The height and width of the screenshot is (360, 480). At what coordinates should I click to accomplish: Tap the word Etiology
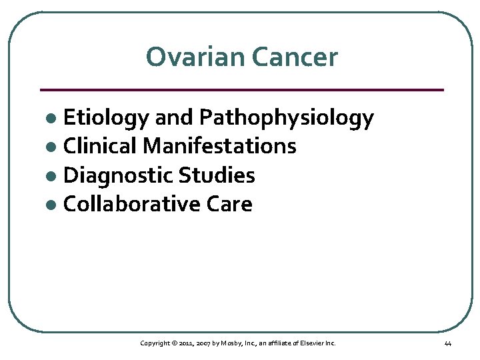[106, 119]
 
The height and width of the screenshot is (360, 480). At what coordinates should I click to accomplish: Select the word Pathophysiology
[287, 119]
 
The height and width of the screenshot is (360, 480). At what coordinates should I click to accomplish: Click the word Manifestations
[219, 146]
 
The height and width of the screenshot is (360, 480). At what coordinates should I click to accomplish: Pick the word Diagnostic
[117, 175]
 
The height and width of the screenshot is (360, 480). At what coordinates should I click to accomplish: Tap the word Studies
[216, 175]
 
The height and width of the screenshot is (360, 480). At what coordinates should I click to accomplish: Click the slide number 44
[447, 343]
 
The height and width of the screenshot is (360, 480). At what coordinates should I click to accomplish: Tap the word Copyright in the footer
[155, 343]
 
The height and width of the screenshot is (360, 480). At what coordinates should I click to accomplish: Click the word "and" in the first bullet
[175, 119]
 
